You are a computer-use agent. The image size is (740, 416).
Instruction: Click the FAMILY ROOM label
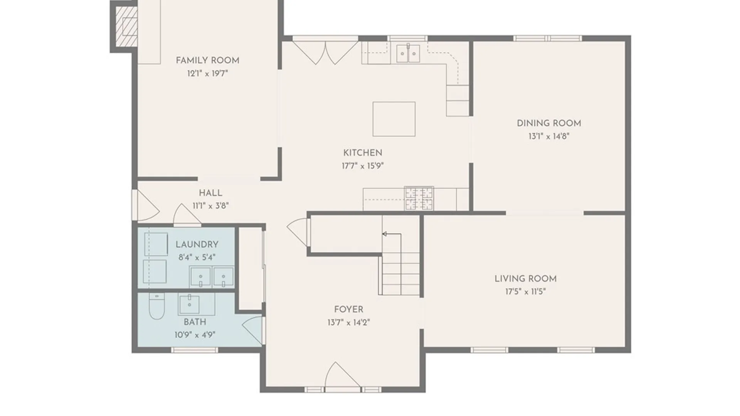pyautogui.click(x=207, y=60)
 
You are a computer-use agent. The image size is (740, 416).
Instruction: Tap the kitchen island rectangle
pyautogui.click(x=394, y=119)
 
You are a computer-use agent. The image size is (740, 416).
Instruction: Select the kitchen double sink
pyautogui.click(x=408, y=53)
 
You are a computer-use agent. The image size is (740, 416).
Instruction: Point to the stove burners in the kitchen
pyautogui.click(x=419, y=198)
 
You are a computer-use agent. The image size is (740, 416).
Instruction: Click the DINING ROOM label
pyautogui.click(x=549, y=123)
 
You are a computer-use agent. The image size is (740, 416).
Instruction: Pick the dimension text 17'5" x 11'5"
pyautogui.click(x=526, y=292)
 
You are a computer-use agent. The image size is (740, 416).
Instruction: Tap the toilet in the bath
pyautogui.click(x=156, y=306)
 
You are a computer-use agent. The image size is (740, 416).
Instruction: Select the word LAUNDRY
pyautogui.click(x=197, y=245)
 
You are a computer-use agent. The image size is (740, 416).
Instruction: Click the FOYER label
pyautogui.click(x=349, y=309)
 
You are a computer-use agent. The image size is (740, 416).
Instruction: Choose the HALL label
pyautogui.click(x=210, y=193)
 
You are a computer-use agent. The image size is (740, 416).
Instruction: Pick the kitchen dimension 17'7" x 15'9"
pyautogui.click(x=363, y=166)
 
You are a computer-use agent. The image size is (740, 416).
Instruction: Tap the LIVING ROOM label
pyautogui.click(x=526, y=278)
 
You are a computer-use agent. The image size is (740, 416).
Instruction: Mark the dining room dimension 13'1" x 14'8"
pyautogui.click(x=549, y=136)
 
